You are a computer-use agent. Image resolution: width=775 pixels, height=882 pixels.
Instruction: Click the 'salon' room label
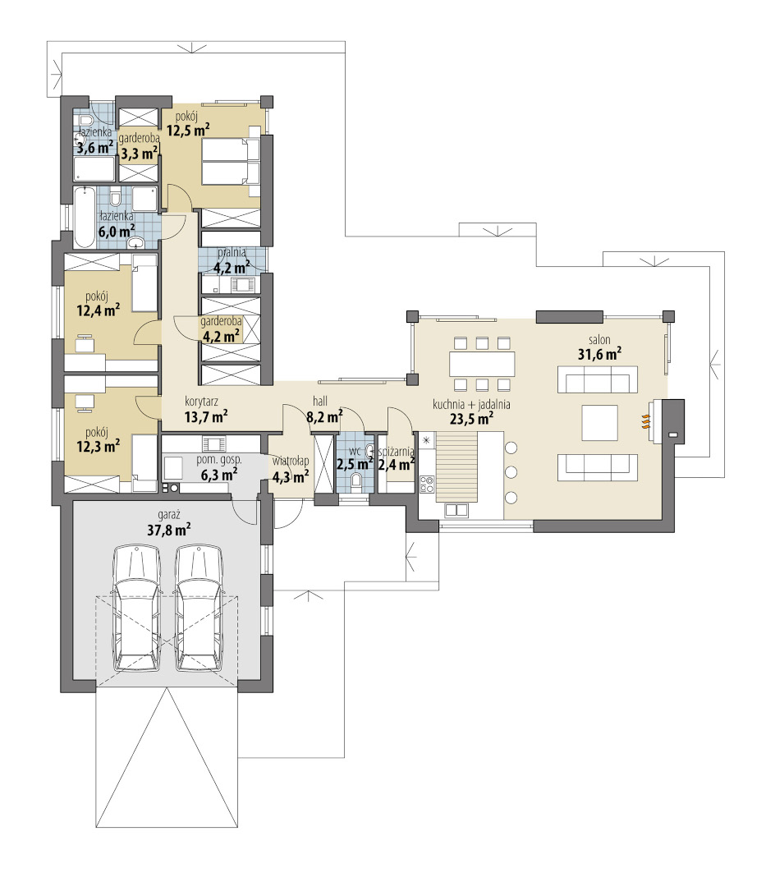[599, 340]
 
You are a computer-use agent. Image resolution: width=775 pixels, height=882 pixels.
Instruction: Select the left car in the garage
[136, 608]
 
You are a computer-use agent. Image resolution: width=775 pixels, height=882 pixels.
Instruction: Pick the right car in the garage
[199, 608]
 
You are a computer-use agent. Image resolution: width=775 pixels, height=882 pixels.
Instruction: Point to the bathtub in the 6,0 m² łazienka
[85, 217]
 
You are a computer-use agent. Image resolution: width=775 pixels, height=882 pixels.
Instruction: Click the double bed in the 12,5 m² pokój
[231, 162]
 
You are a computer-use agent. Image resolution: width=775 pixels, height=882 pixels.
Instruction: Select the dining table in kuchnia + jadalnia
[482, 364]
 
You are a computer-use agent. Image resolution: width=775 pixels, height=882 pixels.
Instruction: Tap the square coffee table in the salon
[599, 422]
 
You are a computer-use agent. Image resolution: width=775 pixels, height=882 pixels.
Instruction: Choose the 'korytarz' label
[201, 402]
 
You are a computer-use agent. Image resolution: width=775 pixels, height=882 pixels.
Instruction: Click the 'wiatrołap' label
[290, 462]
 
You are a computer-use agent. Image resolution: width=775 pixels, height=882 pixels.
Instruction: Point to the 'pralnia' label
[232, 253]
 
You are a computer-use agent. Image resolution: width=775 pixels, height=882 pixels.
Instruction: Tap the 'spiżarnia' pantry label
[397, 452]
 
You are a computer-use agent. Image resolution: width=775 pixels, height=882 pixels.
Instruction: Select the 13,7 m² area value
[206, 416]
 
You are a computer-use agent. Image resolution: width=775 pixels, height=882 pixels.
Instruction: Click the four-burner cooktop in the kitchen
[427, 485]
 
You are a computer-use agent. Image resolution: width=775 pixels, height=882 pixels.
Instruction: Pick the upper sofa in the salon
[598, 379]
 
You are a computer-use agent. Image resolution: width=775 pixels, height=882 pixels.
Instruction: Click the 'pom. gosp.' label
[218, 460]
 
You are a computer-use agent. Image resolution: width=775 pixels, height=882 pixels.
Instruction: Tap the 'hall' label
[320, 402]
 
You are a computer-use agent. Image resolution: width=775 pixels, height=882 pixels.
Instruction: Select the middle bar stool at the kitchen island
[511, 471]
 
